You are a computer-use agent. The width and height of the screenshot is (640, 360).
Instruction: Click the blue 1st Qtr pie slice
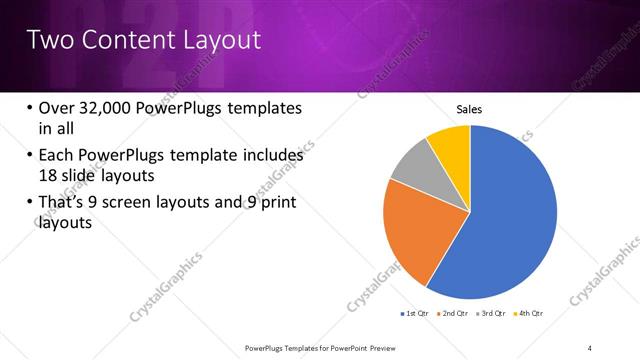(510, 220)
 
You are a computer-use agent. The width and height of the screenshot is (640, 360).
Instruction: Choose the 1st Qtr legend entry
(417, 314)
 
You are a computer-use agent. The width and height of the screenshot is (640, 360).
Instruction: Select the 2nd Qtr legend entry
(454, 314)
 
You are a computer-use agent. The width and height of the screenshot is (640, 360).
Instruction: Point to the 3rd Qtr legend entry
(491, 314)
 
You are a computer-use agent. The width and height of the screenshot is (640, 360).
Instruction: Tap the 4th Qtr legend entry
(528, 314)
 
